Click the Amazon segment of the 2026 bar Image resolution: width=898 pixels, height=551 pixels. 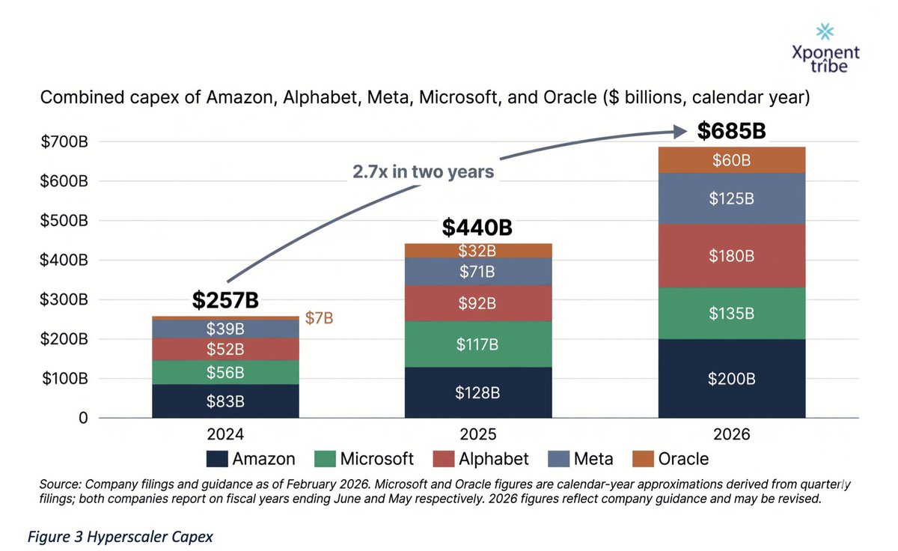[731, 379]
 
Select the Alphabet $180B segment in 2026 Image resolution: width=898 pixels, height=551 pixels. [731, 256]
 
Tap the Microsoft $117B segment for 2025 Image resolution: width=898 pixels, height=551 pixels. [477, 344]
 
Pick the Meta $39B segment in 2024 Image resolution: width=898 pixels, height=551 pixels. [225, 329]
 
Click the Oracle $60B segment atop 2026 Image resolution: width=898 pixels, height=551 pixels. [731, 160]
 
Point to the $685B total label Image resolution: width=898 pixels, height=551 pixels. [731, 131]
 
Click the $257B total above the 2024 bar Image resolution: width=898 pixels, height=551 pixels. [225, 300]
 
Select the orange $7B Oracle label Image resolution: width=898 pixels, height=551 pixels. [318, 319]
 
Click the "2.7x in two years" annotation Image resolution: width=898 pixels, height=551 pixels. [424, 171]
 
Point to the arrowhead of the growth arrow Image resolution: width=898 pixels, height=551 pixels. [680, 132]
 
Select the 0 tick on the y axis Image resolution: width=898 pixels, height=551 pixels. [84, 418]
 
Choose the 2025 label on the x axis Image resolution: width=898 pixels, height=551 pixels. [478, 434]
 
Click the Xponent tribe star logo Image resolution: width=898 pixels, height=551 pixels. [825, 31]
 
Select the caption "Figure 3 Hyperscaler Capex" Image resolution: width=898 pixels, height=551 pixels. [120, 537]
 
